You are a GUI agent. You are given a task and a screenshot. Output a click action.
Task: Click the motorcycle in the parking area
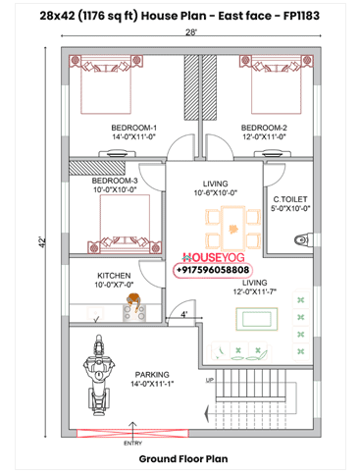(98, 375)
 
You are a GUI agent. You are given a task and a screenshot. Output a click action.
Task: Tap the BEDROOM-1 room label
(133, 128)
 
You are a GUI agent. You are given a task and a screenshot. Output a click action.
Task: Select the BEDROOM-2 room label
(264, 128)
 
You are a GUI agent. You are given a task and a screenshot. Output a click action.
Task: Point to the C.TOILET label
(290, 199)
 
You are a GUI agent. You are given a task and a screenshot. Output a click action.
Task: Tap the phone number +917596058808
(213, 270)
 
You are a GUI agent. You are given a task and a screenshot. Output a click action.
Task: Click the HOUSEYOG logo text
(213, 257)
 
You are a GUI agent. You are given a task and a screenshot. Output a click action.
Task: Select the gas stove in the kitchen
(134, 312)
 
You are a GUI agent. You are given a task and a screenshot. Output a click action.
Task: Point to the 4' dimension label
(184, 314)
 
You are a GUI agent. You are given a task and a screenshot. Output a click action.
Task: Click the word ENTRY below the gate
(132, 444)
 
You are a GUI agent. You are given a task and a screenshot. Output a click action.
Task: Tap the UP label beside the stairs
(210, 380)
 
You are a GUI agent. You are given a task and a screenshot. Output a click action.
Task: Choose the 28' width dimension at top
(191, 32)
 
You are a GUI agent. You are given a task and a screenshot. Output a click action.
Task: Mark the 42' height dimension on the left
(42, 241)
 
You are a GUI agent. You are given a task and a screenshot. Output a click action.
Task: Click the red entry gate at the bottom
(132, 433)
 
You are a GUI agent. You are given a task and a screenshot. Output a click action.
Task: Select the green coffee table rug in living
(257, 319)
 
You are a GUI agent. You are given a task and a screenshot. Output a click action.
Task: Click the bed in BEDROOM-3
(125, 224)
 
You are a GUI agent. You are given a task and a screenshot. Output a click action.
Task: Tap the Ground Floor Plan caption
(183, 459)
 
